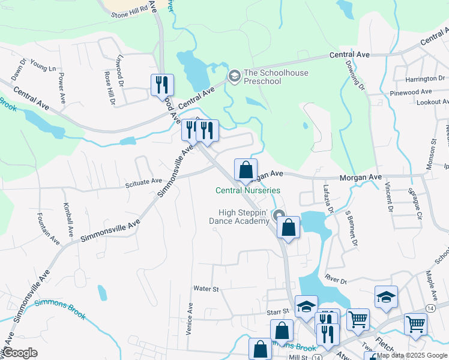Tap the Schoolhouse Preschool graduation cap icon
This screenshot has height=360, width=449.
point(234,76)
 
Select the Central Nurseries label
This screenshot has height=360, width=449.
point(248,191)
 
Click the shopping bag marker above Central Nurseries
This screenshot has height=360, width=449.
point(246,170)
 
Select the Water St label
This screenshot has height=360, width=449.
point(205,289)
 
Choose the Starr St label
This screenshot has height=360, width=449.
point(278,312)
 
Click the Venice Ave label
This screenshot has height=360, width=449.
point(190,318)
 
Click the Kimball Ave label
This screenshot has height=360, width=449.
point(68,218)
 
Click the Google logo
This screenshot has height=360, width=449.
point(19,353)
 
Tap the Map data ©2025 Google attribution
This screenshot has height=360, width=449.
point(412,355)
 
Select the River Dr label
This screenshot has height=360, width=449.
point(336,278)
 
